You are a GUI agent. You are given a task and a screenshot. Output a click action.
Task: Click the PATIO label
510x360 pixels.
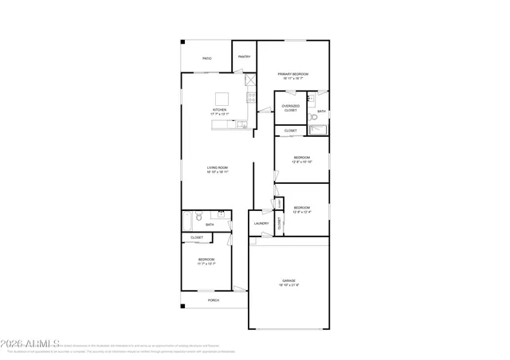[206, 58]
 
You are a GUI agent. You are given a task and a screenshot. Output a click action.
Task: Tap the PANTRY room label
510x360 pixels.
[244, 57]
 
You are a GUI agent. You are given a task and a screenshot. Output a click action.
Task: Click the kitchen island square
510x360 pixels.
[223, 99]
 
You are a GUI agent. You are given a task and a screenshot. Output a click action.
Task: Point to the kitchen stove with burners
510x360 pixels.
[251, 98]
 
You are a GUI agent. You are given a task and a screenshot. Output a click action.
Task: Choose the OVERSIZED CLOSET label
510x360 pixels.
[291, 108]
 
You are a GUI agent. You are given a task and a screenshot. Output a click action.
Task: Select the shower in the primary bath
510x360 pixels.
[318, 129]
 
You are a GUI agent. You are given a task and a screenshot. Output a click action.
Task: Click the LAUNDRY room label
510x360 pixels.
[261, 224]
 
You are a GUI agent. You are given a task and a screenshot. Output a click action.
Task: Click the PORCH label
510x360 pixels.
[213, 300]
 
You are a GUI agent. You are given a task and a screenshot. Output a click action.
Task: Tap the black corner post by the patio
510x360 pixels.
[182, 41]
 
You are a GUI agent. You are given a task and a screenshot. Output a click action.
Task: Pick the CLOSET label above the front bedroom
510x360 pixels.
[196, 237]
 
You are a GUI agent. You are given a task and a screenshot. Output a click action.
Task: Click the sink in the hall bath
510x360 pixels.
[221, 214]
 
